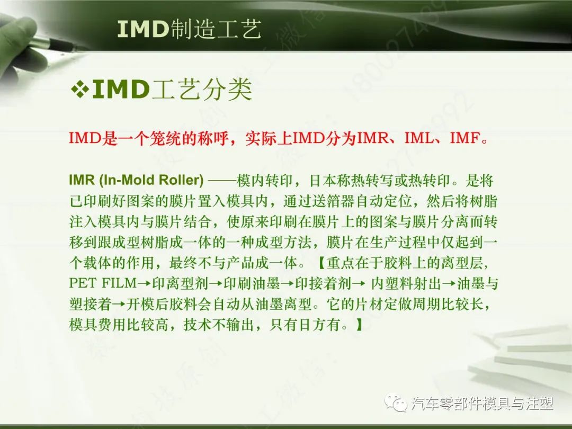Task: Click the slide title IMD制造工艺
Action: (x=189, y=29)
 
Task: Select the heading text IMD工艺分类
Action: (x=172, y=91)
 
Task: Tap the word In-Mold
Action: (x=124, y=181)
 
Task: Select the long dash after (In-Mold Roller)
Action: (x=221, y=181)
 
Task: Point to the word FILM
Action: (x=117, y=283)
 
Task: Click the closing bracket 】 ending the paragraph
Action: (x=359, y=324)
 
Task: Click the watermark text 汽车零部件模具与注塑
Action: (x=482, y=404)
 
